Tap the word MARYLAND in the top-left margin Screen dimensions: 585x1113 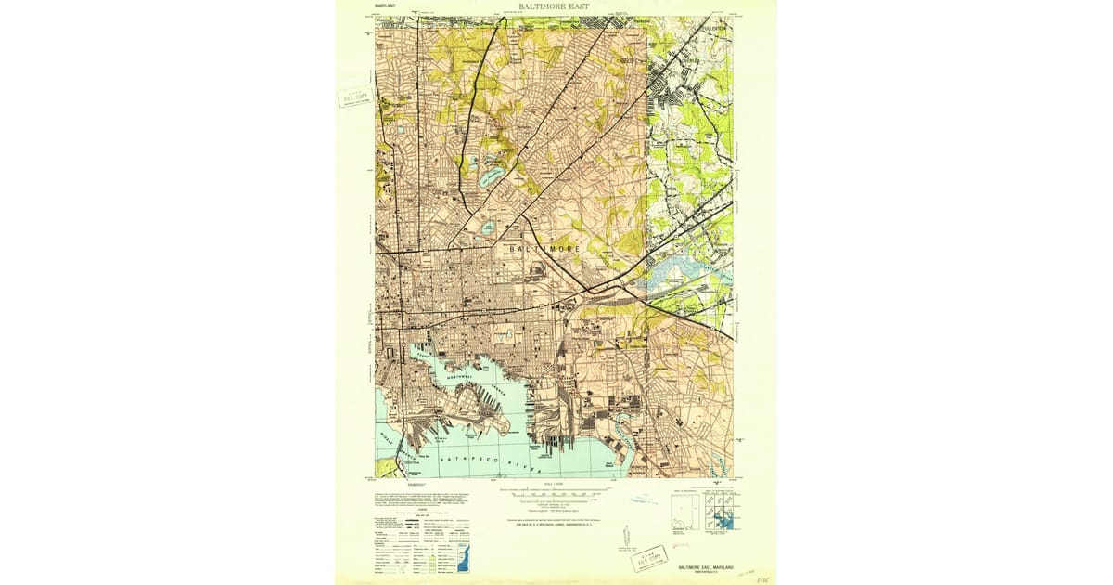[x=385, y=7]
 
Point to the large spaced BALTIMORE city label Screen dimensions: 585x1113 [x=545, y=250]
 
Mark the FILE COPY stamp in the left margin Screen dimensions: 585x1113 [x=355, y=97]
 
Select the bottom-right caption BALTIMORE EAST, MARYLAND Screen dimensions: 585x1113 [x=710, y=565]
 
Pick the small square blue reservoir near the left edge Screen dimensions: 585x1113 [x=400, y=131]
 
